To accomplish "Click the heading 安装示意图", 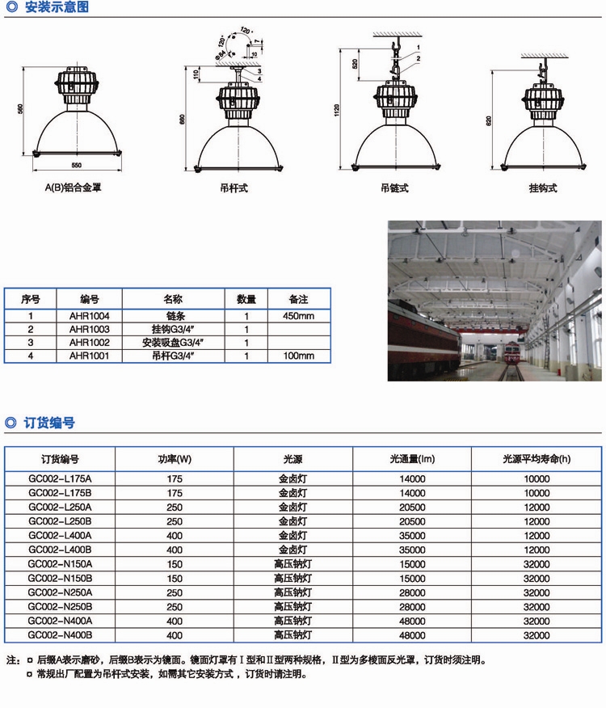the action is point(57,6).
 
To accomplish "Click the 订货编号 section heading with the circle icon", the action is point(40,423).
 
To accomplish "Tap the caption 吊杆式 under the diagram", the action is point(234,188).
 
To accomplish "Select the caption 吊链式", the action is point(394,188).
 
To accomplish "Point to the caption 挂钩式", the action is point(543,188).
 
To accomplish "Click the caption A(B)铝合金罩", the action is point(74,188).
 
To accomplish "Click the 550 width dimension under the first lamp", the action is point(76,165).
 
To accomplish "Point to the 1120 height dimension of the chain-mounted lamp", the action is point(337,110).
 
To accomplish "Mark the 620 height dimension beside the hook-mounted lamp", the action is point(489,121).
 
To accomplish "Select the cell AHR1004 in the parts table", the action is point(90,316).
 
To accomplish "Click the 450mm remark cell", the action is point(298,316).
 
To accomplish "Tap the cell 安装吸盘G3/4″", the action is point(173,343).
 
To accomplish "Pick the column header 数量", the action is point(246,299).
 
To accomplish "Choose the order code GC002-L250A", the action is point(60,507).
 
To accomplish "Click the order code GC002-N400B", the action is point(60,634).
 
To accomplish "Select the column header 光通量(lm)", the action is point(412,459).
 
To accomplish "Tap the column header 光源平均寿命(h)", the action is point(537,459).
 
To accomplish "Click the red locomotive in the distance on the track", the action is point(511,353).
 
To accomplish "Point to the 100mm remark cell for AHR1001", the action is point(298,356).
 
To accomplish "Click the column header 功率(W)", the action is point(175,459).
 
